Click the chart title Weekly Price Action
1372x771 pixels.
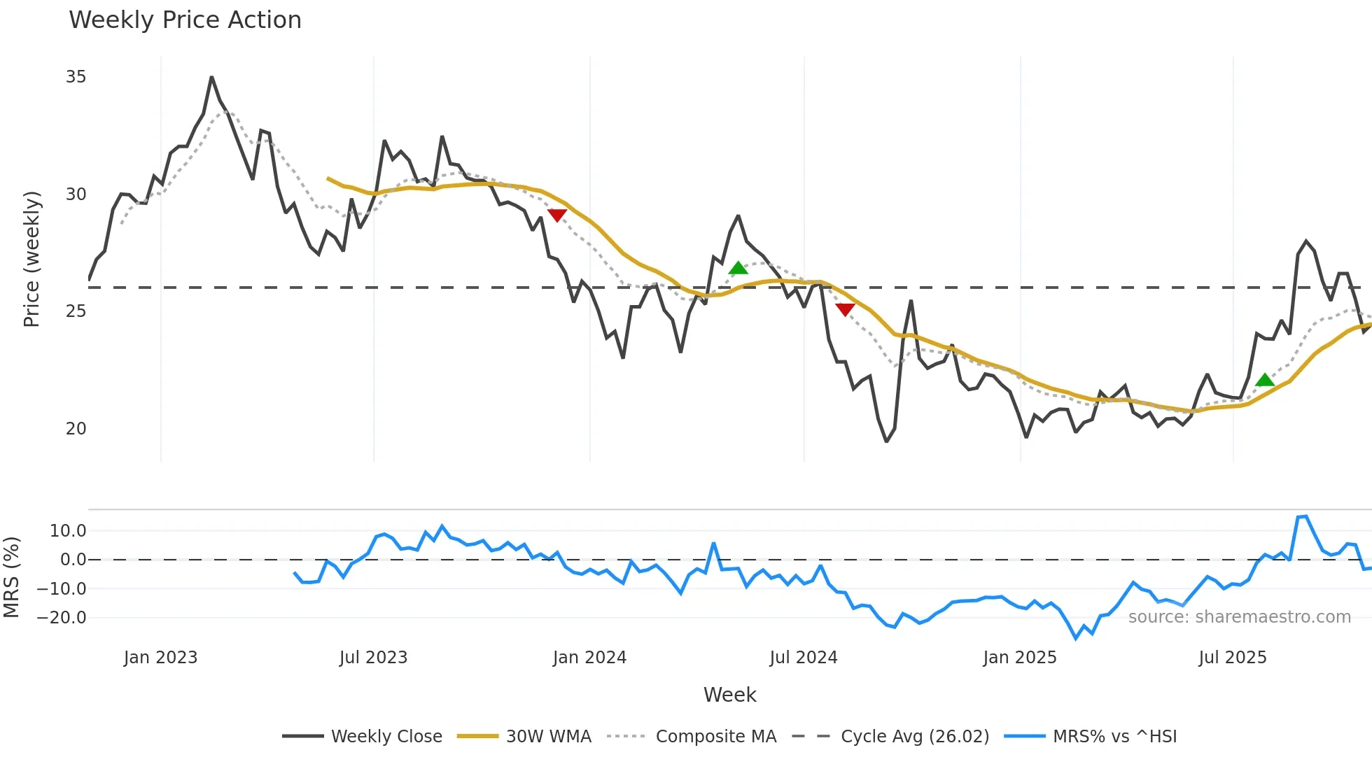[x=185, y=20]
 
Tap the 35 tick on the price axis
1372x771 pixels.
[x=76, y=77]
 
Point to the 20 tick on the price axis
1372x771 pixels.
[x=76, y=429]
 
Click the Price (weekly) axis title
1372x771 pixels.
[x=31, y=259]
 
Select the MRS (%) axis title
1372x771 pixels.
[x=11, y=577]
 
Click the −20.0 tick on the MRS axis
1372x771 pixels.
[x=62, y=618]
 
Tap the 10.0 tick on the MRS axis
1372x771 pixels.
[x=68, y=531]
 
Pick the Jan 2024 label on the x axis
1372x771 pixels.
[x=589, y=658]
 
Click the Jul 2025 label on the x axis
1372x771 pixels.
[x=1232, y=658]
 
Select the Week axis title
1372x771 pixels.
[x=729, y=695]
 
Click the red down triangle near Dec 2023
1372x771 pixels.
[x=557, y=215]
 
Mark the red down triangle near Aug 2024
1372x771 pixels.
[x=845, y=309]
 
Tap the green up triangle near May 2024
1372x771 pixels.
[x=738, y=269]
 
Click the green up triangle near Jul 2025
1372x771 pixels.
[x=1265, y=381]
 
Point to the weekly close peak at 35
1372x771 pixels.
[x=211, y=78]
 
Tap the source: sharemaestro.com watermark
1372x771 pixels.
[x=1239, y=617]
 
